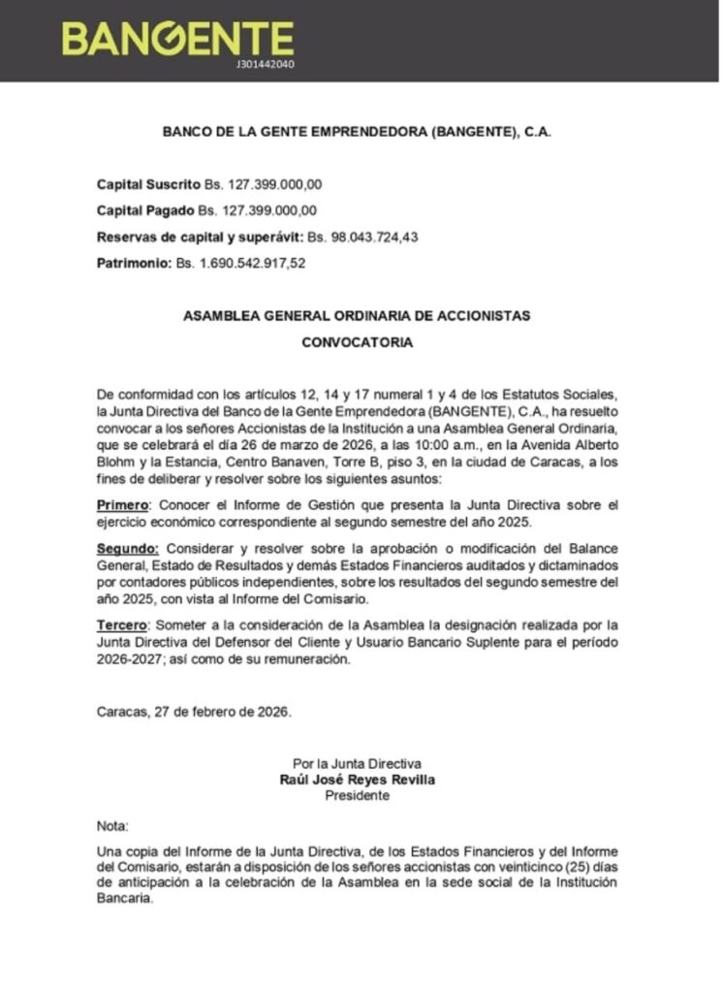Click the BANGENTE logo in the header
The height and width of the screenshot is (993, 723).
click(x=177, y=38)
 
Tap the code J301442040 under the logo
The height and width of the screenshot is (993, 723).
click(x=265, y=64)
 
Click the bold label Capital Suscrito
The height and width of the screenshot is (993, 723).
click(x=148, y=183)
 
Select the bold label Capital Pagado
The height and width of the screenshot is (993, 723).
click(x=145, y=209)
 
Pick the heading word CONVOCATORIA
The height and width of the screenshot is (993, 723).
click(x=357, y=342)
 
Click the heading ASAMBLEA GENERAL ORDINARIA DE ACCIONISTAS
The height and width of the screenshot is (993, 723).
click(x=357, y=316)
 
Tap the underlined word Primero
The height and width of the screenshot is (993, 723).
click(x=123, y=505)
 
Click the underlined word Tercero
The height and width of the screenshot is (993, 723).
click(x=124, y=625)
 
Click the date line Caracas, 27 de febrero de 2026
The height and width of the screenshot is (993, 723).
click(x=194, y=711)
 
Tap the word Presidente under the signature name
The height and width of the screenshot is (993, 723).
click(x=357, y=795)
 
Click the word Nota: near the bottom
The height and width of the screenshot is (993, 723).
click(x=112, y=826)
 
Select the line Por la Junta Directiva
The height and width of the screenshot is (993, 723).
click(x=357, y=764)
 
